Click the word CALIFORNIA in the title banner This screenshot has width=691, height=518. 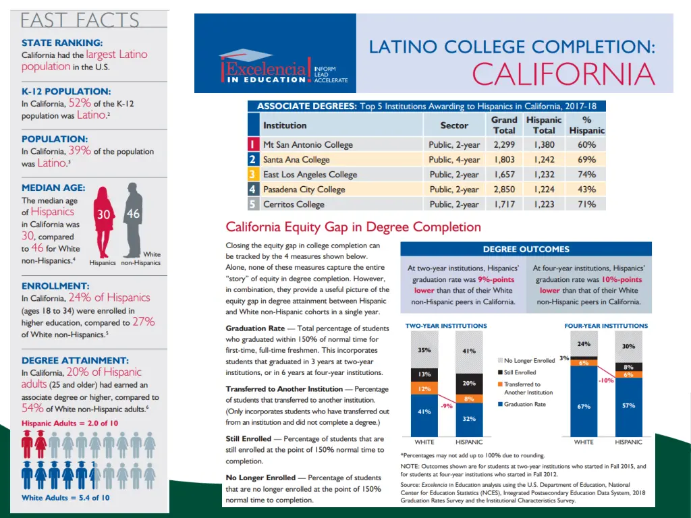(563, 74)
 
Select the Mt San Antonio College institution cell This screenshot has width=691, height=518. (308, 144)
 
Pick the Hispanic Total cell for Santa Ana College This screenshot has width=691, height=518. (544, 160)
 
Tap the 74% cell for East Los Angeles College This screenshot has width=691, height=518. (586, 175)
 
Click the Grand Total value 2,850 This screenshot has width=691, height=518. (504, 190)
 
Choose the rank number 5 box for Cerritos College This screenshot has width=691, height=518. (252, 204)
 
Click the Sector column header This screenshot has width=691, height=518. (454, 125)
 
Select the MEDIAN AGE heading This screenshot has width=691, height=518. (53, 188)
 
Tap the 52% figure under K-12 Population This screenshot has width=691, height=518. (80, 103)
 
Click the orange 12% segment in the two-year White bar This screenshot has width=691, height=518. (424, 388)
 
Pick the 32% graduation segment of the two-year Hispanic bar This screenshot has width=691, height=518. (469, 419)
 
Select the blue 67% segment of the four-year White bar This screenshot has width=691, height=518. (584, 406)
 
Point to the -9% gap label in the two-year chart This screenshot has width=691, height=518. (446, 406)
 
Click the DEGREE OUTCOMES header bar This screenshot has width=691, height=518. (526, 249)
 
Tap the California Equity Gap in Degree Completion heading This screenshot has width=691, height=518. (353, 227)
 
